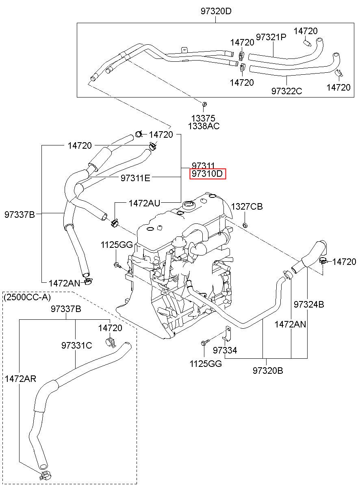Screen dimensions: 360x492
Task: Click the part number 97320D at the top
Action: (x=216, y=11)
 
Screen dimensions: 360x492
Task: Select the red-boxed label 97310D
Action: (x=208, y=174)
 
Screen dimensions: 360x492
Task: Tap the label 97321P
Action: (x=271, y=37)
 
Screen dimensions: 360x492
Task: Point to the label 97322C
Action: (x=286, y=91)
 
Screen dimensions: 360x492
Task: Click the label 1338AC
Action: (x=204, y=126)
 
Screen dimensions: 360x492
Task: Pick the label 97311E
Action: (x=135, y=178)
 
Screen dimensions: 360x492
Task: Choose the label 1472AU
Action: (x=144, y=204)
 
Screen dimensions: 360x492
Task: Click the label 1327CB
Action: (x=247, y=206)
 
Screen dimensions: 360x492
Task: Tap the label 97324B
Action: (x=309, y=304)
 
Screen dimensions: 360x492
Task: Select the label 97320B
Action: (x=268, y=371)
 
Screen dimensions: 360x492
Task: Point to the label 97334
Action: (x=225, y=350)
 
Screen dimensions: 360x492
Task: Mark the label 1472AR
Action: (x=20, y=379)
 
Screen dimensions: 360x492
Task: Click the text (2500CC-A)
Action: (x=27, y=297)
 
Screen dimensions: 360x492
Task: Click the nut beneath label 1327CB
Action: (x=245, y=225)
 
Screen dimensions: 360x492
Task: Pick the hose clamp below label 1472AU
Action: (x=115, y=223)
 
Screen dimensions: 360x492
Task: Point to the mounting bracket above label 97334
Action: (x=227, y=334)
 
